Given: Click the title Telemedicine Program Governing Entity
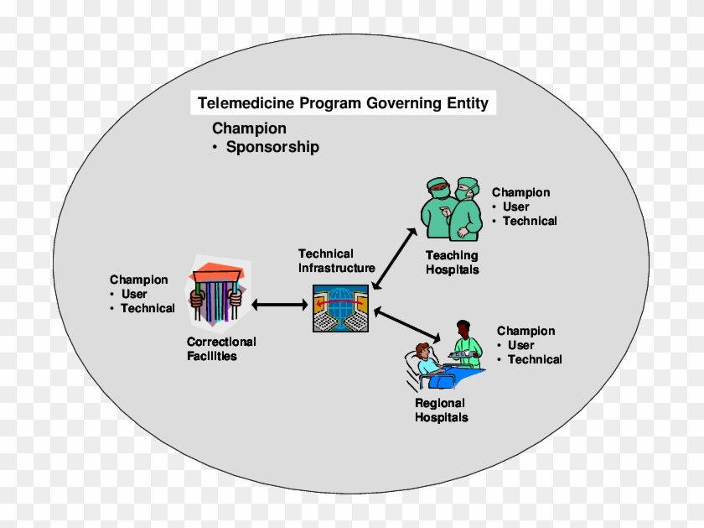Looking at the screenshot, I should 342,103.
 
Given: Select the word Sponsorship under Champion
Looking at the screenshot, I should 272,147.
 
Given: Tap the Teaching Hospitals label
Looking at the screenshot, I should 452,262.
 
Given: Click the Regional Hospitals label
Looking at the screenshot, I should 442,410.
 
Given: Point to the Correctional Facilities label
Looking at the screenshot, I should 221,348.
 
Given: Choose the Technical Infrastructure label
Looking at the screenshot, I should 336,260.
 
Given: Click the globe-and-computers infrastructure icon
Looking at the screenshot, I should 340,306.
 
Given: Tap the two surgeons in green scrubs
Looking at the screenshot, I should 452,209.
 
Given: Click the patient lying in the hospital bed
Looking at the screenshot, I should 429,368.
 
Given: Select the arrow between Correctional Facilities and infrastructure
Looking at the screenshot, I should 279,305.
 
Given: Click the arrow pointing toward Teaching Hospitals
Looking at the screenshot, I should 394,258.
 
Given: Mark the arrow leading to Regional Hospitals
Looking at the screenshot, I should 408,325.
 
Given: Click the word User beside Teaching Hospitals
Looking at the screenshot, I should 517,206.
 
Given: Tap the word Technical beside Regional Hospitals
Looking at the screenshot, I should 535,359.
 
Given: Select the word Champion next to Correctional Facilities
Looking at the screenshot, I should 139,280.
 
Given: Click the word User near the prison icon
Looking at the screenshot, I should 134,294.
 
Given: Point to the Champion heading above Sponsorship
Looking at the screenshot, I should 249,128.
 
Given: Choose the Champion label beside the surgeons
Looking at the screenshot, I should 520,192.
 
